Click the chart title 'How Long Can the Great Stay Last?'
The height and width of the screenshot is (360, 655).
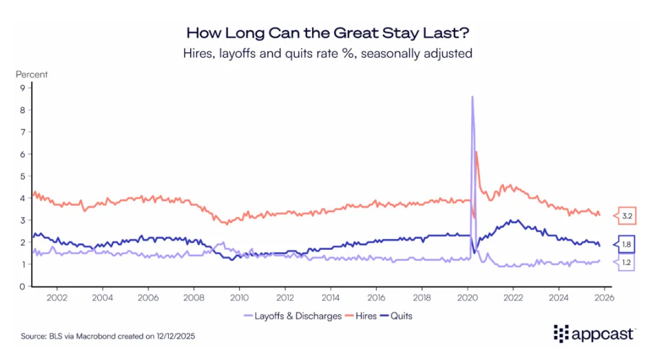tap(328, 33)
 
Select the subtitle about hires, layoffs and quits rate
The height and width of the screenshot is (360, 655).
tap(328, 53)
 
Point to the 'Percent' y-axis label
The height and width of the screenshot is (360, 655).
tap(32, 74)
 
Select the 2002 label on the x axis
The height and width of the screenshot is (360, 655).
tap(56, 298)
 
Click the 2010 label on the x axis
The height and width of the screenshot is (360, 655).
tap(239, 298)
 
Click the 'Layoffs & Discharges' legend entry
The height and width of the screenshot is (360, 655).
tap(294, 316)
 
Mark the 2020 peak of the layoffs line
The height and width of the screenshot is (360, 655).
tap(472, 97)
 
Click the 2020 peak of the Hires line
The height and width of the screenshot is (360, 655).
tap(476, 151)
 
